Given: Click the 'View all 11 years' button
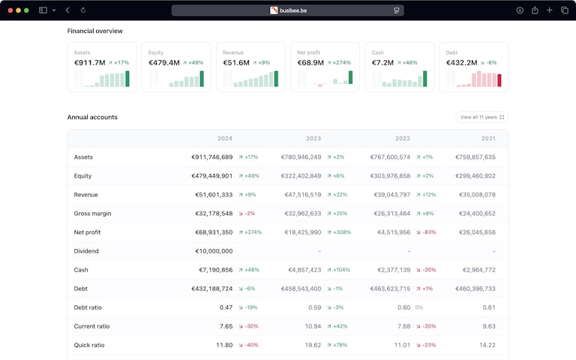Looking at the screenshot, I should [481, 117].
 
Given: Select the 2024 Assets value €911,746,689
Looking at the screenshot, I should [212, 157].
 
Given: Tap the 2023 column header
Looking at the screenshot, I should [313, 139].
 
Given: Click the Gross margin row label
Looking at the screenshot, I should [92, 214].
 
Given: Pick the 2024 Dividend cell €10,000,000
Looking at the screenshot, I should [214, 251].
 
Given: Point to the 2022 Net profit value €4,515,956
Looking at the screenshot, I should [391, 232].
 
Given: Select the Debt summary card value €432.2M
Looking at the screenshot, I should [461, 63].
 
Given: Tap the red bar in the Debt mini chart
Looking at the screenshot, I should [499, 80].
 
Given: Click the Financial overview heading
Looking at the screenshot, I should [95, 31].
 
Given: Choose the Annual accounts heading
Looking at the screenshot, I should [92, 117].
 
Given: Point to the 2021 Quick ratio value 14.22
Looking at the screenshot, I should [488, 345].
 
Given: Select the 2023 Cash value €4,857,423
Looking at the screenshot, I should [304, 270].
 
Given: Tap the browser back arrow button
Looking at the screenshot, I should [67, 10].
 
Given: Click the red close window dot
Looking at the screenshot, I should [10, 10].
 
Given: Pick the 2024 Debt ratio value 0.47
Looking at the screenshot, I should [226, 307].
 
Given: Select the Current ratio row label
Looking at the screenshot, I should [91, 326].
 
